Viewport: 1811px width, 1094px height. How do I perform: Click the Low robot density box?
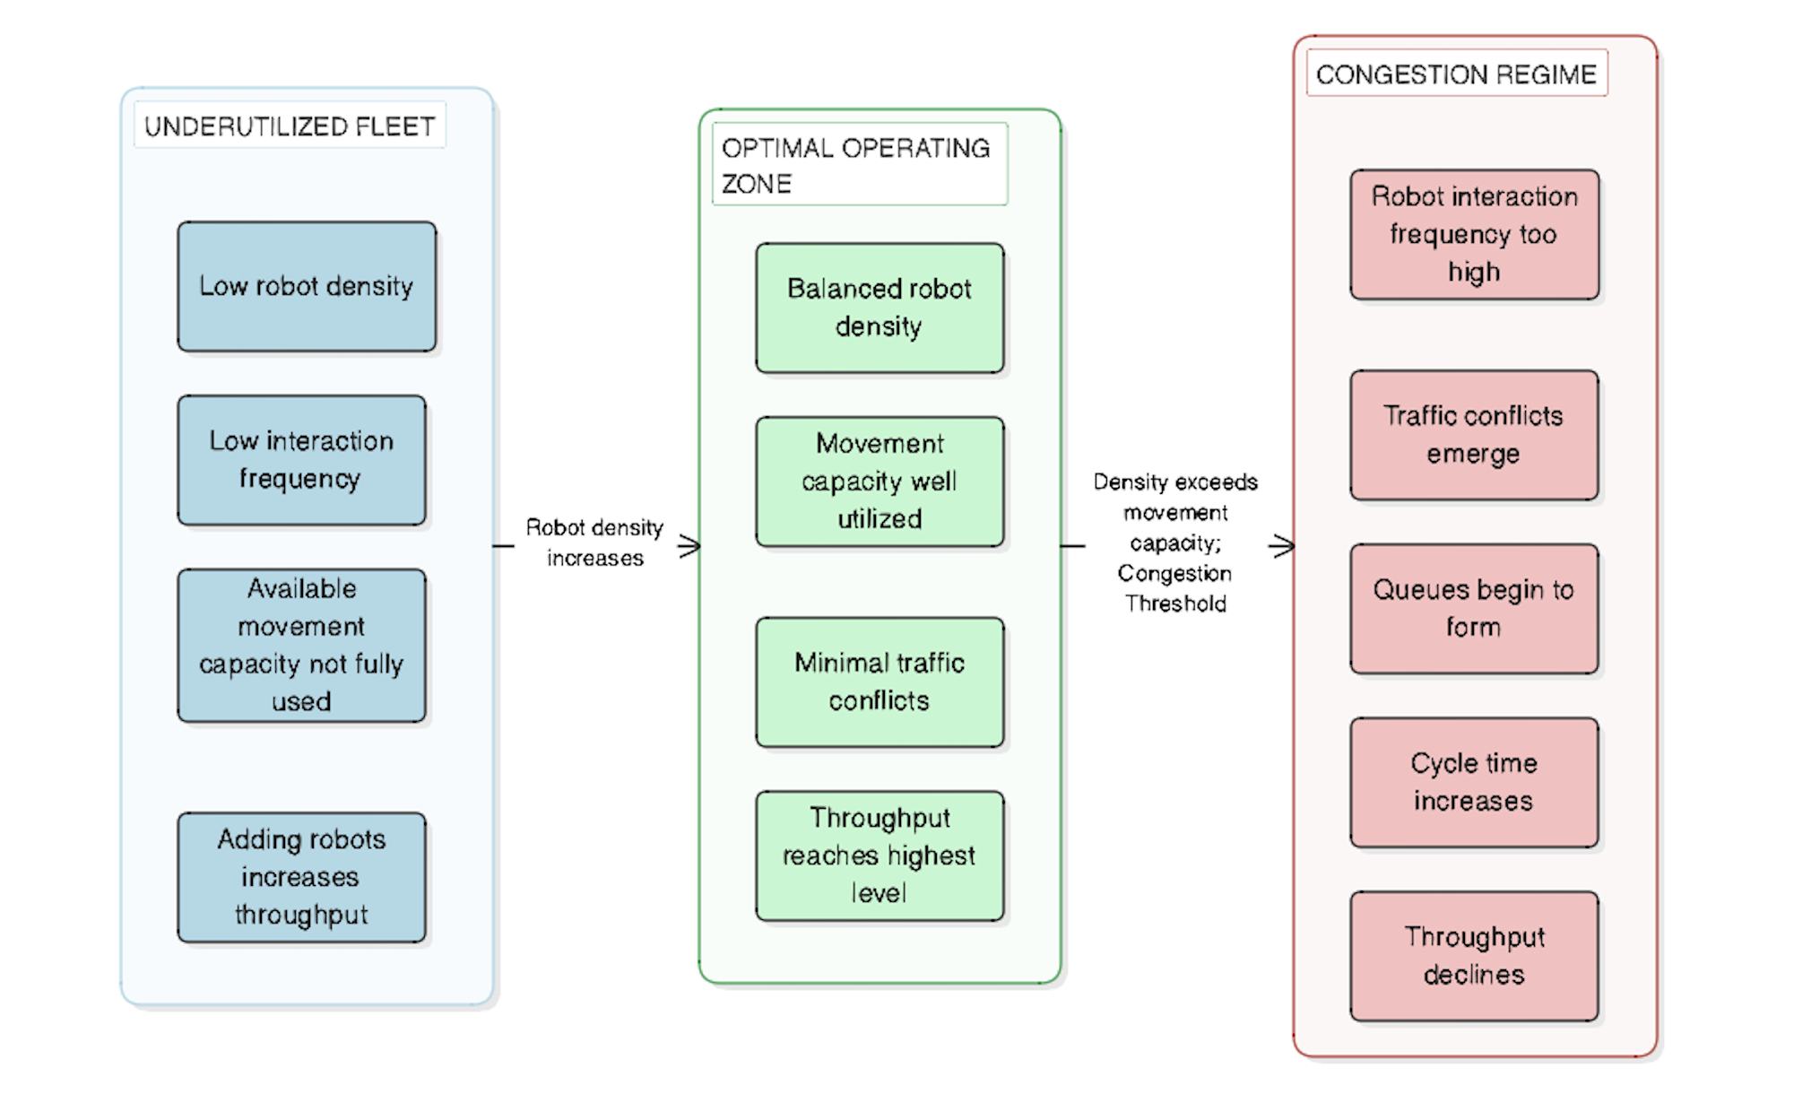point(307,286)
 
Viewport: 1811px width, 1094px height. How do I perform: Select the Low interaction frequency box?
point(301,460)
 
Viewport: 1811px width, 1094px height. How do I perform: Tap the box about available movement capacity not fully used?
point(301,645)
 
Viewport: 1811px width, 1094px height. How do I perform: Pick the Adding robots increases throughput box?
point(301,877)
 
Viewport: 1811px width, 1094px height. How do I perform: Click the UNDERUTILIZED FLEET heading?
point(290,126)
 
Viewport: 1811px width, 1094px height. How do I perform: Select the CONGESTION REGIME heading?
point(1456,74)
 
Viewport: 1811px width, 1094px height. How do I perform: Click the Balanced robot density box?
point(880,308)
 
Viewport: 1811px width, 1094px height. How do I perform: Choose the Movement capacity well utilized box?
point(880,482)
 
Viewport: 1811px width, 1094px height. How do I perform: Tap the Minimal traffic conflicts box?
point(880,682)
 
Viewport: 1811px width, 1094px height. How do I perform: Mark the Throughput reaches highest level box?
point(880,855)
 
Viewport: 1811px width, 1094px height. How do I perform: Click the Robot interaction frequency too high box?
point(1474,234)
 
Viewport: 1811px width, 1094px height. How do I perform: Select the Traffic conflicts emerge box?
point(1474,435)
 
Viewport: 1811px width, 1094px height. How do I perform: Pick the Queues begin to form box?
point(1474,608)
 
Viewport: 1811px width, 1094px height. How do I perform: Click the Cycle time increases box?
point(1474,782)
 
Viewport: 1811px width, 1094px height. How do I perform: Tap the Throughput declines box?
point(1474,956)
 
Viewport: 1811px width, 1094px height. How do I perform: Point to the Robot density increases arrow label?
point(594,543)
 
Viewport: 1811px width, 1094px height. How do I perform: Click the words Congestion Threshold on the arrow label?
point(1175,588)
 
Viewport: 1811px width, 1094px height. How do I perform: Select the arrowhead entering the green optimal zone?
point(690,546)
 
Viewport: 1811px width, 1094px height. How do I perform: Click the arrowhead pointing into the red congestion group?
point(1284,546)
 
